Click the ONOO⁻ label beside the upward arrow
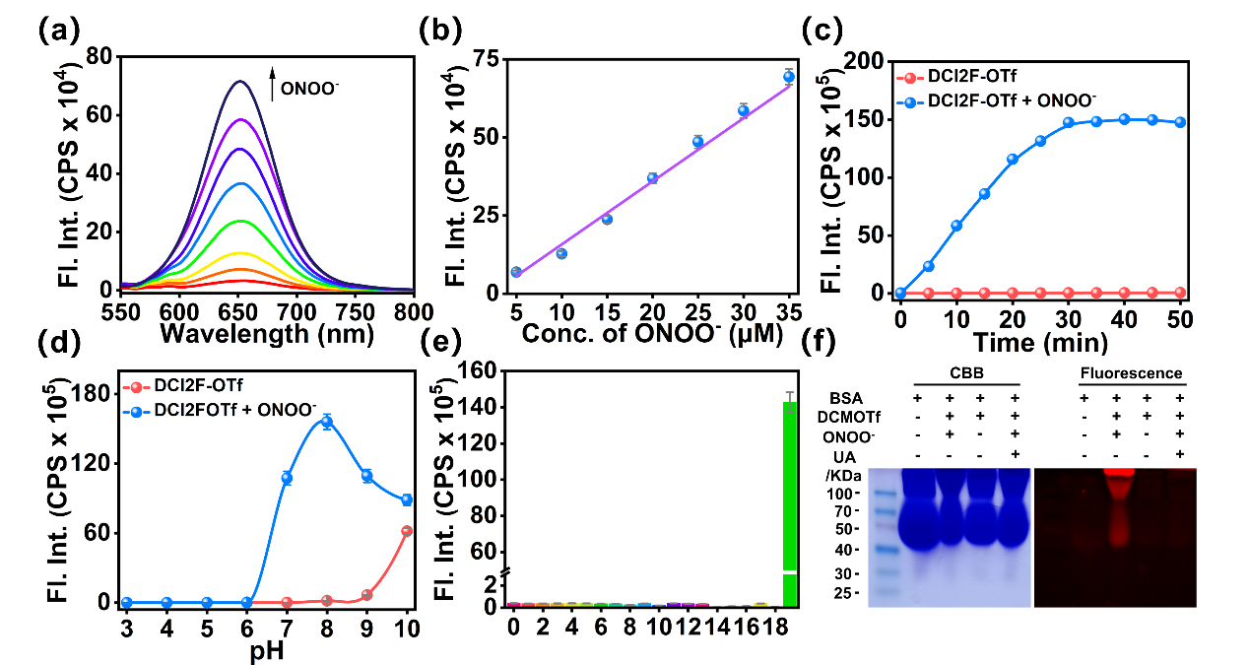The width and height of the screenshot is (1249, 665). (x=309, y=89)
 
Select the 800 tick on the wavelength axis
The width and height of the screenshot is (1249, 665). (x=414, y=311)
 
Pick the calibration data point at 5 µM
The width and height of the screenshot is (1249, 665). (x=515, y=272)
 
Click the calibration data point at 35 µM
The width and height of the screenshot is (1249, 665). (x=789, y=77)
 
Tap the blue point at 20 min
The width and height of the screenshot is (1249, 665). (x=1012, y=159)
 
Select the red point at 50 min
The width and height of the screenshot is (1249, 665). (x=1180, y=293)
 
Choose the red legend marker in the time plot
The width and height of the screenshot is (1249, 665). (x=910, y=77)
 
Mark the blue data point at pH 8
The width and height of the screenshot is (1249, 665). (x=326, y=422)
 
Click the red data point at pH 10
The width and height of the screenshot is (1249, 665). (x=407, y=531)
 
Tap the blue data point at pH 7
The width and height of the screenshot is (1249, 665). (x=287, y=478)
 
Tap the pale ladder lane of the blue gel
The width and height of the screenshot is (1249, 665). (x=884, y=537)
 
